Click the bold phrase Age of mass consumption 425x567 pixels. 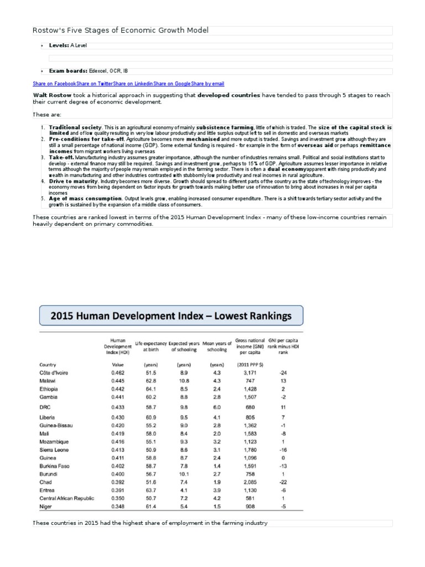click(x=85, y=198)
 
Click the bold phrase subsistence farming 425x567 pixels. click(x=225, y=127)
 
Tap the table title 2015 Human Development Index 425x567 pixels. click(x=170, y=316)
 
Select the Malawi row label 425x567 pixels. click(x=48, y=381)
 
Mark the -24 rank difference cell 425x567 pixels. click(x=283, y=373)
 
